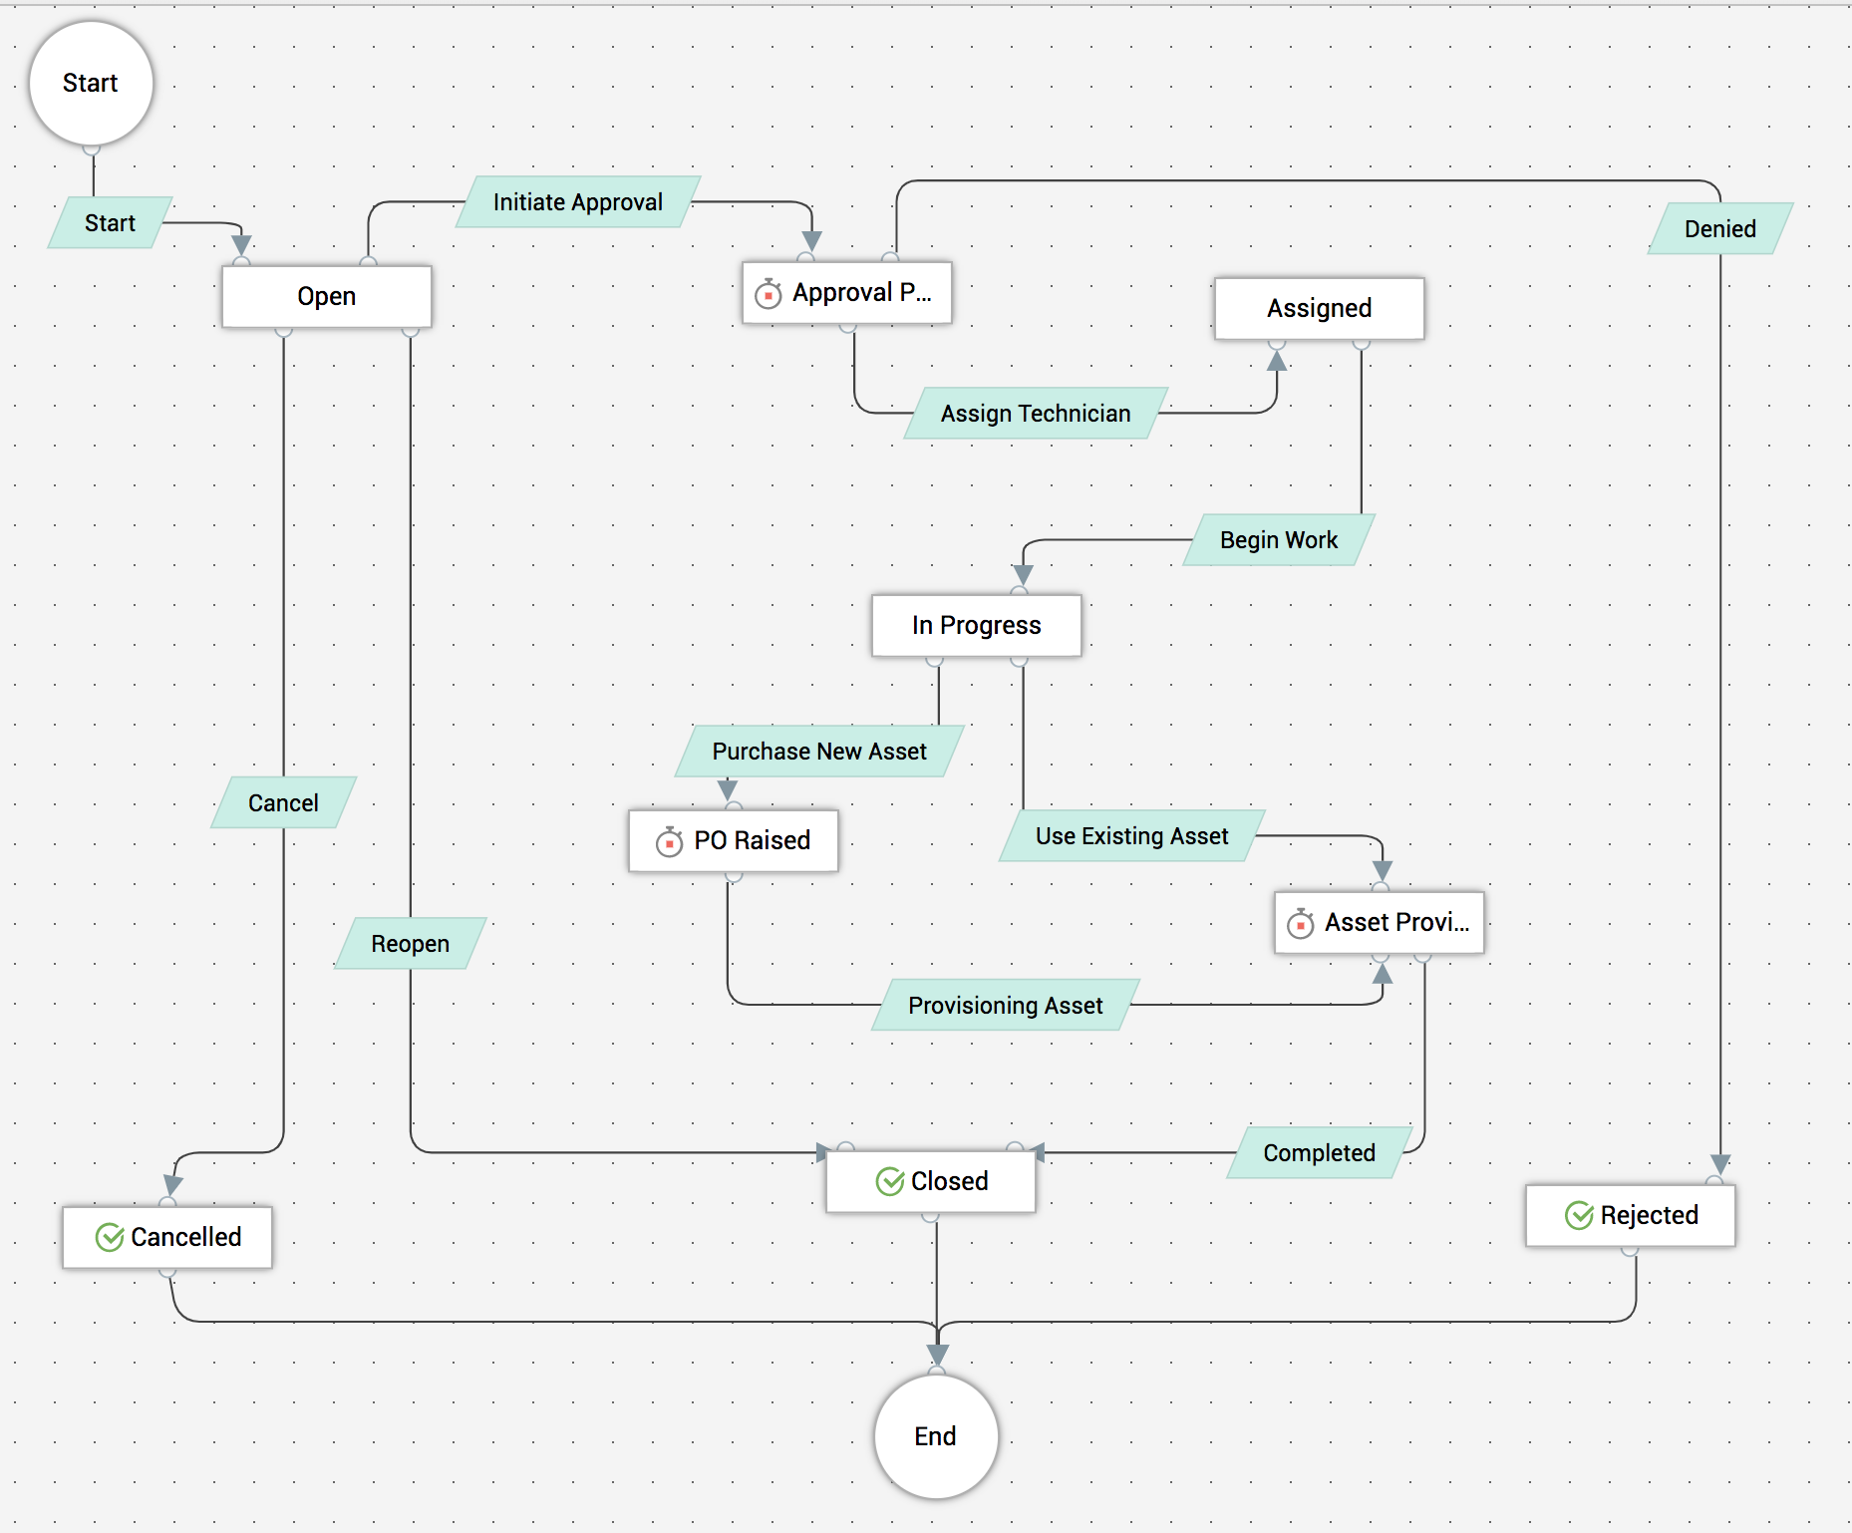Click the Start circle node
(x=91, y=83)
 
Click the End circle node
(x=935, y=1435)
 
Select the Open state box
(x=326, y=296)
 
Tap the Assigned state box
(x=1319, y=308)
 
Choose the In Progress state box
(x=976, y=625)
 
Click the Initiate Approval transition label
(x=577, y=202)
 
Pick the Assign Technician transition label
(x=1036, y=413)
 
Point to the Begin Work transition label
(x=1279, y=539)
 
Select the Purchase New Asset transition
(x=819, y=751)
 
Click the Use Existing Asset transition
(x=1131, y=835)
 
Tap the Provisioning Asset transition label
(x=1005, y=1005)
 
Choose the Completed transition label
(x=1319, y=1152)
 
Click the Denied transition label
(x=1719, y=228)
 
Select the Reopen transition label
(x=410, y=943)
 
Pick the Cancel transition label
(x=283, y=802)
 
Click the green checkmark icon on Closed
(x=889, y=1181)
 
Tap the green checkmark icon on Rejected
(x=1579, y=1215)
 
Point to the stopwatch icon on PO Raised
(x=669, y=841)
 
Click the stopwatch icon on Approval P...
(x=768, y=293)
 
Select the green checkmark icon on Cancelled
(x=110, y=1237)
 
